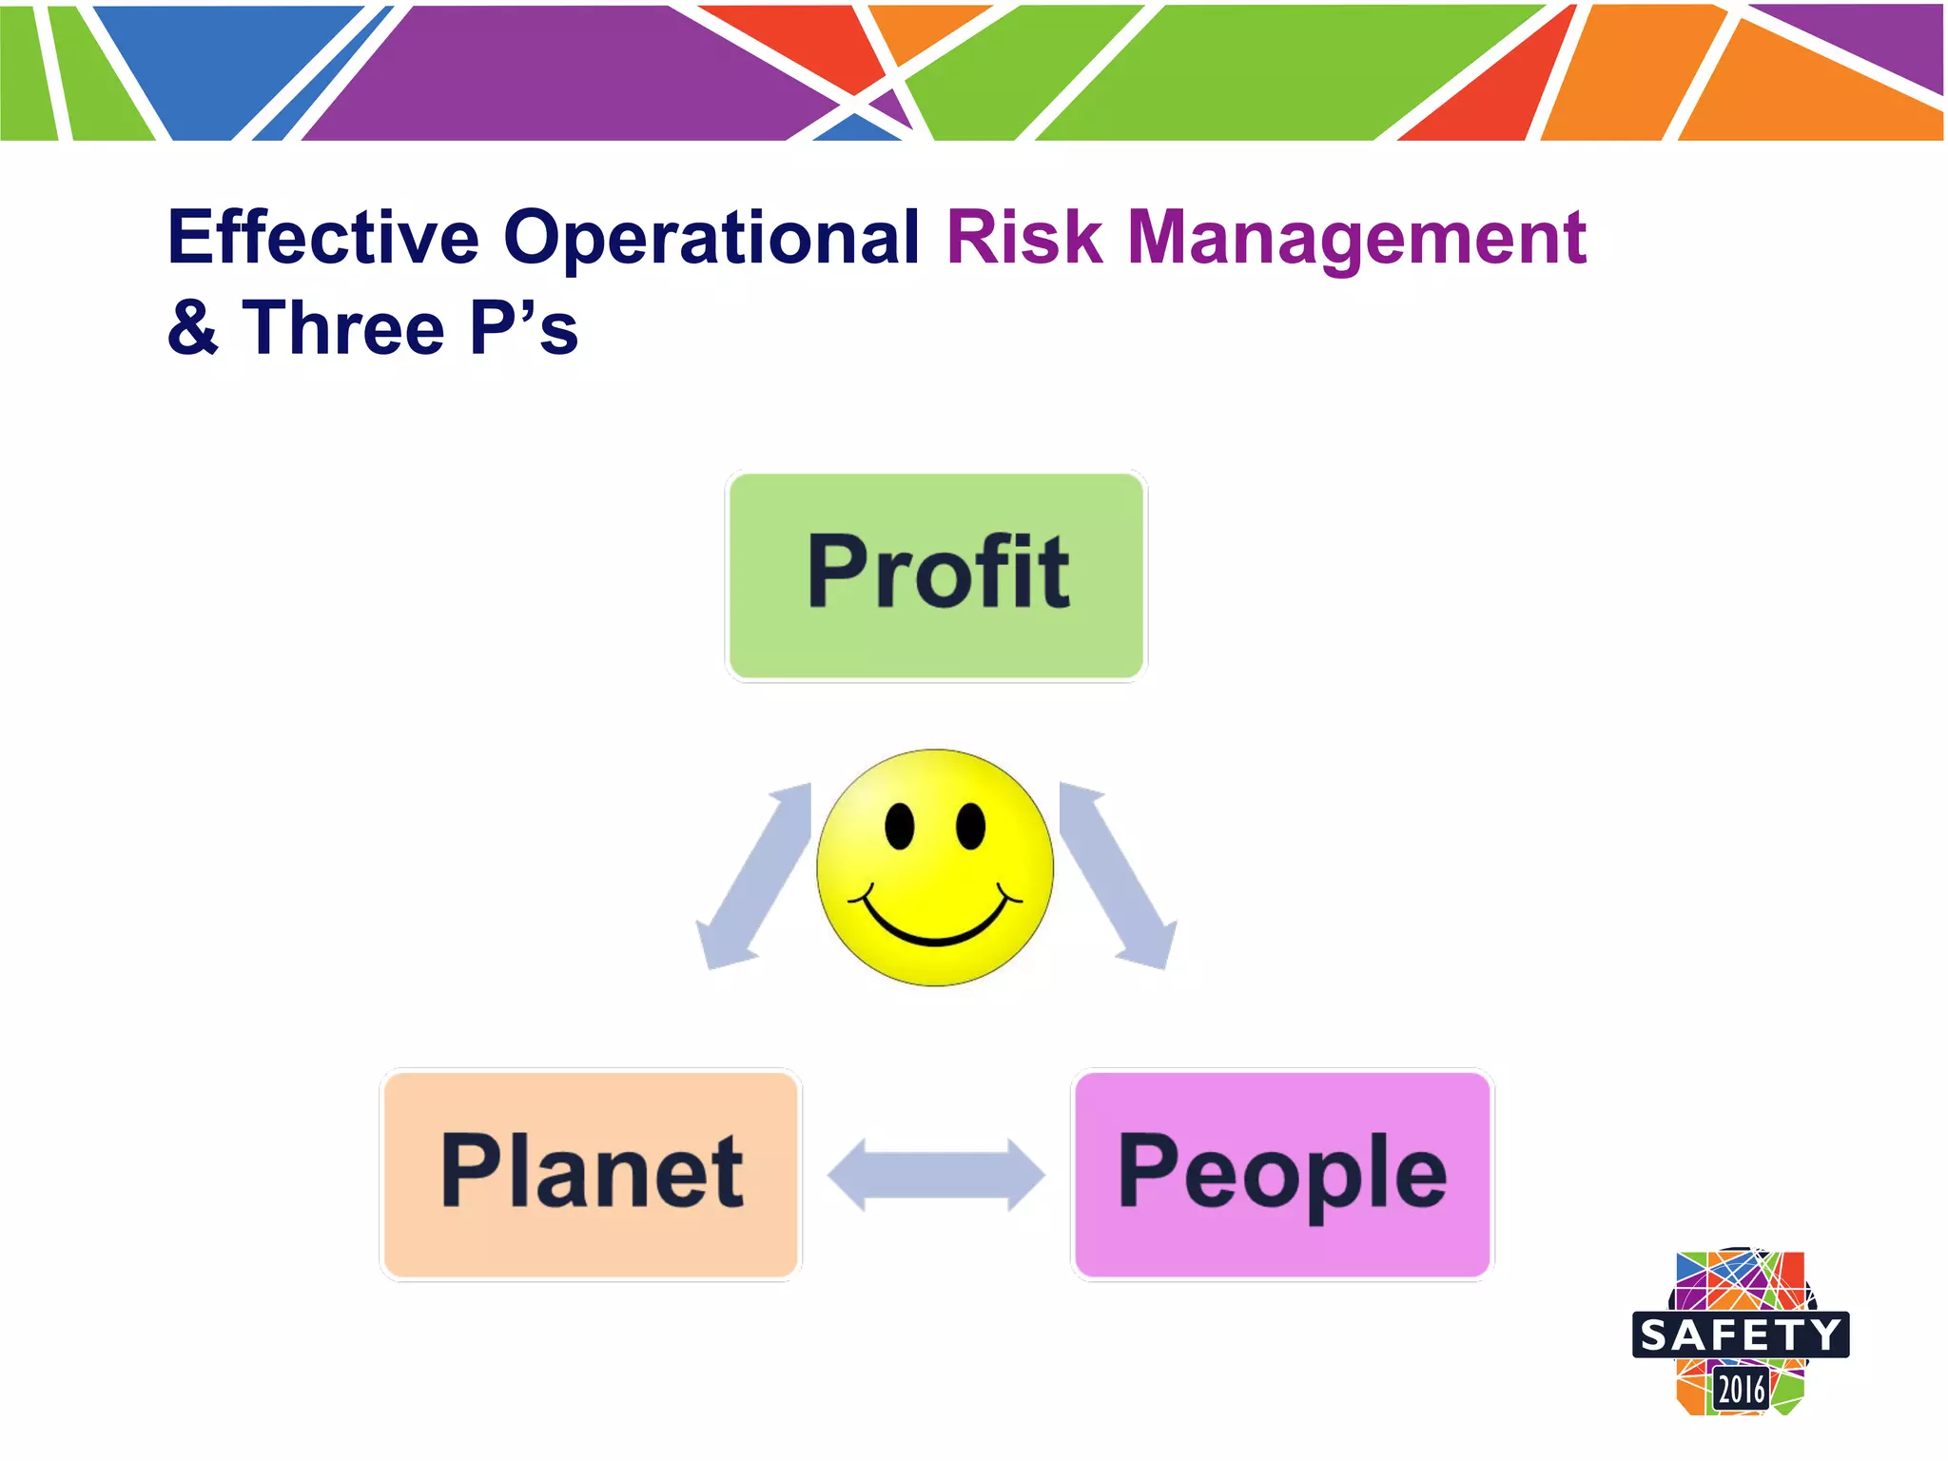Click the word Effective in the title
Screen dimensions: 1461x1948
pos(323,238)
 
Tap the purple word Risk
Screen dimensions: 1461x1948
pos(1023,238)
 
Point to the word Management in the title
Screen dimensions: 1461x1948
pos(1356,238)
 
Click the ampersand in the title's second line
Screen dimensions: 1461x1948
pos(193,327)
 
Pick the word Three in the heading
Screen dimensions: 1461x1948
pos(343,327)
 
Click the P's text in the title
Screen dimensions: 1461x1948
pos(524,327)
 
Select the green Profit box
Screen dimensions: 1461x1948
pos(936,575)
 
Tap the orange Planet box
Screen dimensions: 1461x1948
pos(591,1174)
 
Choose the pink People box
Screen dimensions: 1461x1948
pos(1281,1174)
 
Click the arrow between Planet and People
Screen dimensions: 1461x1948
pos(936,1175)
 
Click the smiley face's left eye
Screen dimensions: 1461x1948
pos(899,825)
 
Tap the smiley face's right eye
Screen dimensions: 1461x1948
pos(970,825)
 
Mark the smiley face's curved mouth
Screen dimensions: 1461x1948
pos(936,932)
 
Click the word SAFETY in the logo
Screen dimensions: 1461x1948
pos(1741,1335)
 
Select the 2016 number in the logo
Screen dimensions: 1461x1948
pos(1741,1390)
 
